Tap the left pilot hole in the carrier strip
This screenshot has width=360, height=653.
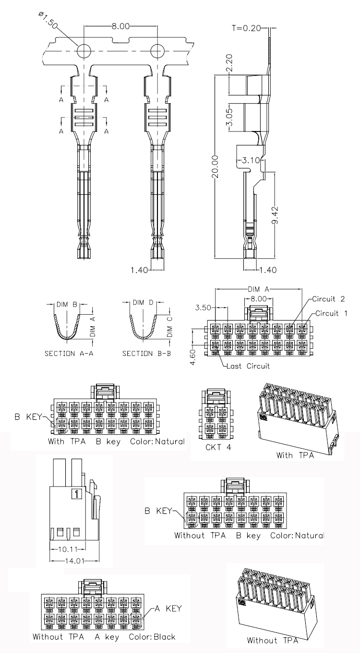click(84, 51)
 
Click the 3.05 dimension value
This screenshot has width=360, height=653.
click(229, 117)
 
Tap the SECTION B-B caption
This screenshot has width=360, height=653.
click(144, 354)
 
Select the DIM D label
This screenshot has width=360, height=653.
click(143, 303)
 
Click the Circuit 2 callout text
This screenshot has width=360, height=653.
click(329, 299)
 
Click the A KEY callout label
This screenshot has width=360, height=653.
click(168, 609)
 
